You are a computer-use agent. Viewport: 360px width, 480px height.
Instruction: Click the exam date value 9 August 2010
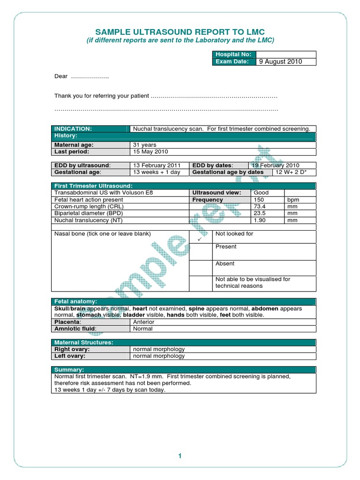point(281,61)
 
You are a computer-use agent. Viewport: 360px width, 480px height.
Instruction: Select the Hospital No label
point(230,54)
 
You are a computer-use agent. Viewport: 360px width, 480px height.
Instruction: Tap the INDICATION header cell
point(73,128)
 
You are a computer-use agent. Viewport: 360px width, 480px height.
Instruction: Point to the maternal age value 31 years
point(145,145)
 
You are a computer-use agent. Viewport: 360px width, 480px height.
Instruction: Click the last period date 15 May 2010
point(150,151)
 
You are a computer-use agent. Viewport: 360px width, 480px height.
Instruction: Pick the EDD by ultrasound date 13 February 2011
point(157,165)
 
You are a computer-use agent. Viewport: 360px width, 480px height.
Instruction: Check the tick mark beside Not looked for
point(199,239)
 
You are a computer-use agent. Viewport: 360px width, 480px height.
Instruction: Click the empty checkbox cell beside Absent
point(201,268)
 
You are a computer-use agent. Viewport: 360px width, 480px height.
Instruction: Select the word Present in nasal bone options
point(226,247)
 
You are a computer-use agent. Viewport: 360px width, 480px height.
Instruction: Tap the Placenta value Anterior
point(144,322)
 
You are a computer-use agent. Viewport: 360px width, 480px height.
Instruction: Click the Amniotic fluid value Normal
point(143,329)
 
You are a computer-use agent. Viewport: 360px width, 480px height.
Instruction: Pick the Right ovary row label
point(72,349)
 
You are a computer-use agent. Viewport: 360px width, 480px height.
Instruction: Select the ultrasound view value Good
point(262,193)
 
